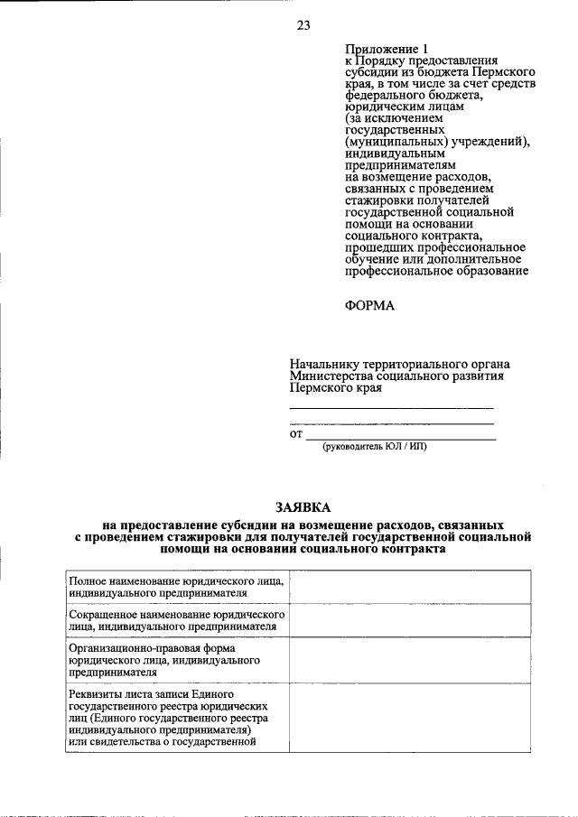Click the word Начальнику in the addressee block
pyautogui.click(x=322, y=363)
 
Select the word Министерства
pyautogui.click(x=330, y=376)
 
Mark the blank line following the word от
pyautogui.click(x=401, y=436)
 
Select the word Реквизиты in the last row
pyautogui.click(x=96, y=693)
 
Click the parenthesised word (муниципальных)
pyautogui.click(x=391, y=142)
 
